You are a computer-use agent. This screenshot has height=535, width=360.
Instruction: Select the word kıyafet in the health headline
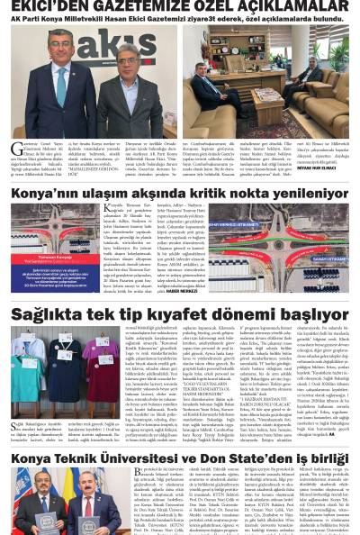point(167,315)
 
